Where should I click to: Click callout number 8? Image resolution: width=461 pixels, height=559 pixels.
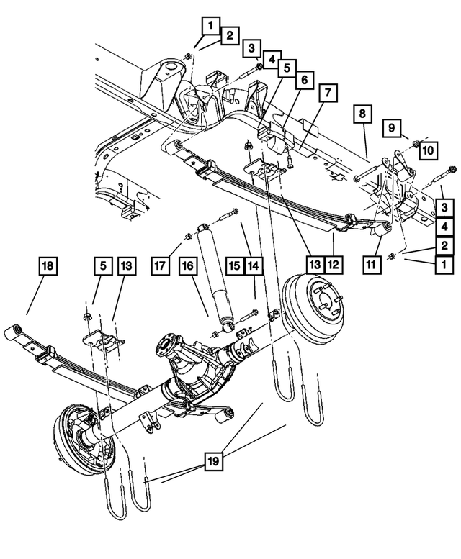(x=362, y=114)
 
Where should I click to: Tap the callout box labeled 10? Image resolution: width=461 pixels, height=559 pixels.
(x=427, y=150)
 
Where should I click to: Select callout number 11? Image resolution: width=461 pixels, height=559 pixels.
(x=372, y=264)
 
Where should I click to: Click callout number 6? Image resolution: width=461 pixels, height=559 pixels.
(x=303, y=81)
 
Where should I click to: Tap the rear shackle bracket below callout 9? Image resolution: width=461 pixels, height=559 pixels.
(x=398, y=173)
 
